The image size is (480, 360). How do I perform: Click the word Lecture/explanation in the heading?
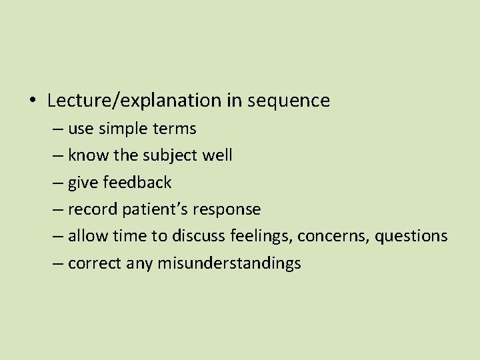pyautogui.click(x=134, y=101)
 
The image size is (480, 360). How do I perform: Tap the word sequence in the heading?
pyautogui.click(x=289, y=101)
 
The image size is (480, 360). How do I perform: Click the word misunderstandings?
pyautogui.click(x=229, y=263)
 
